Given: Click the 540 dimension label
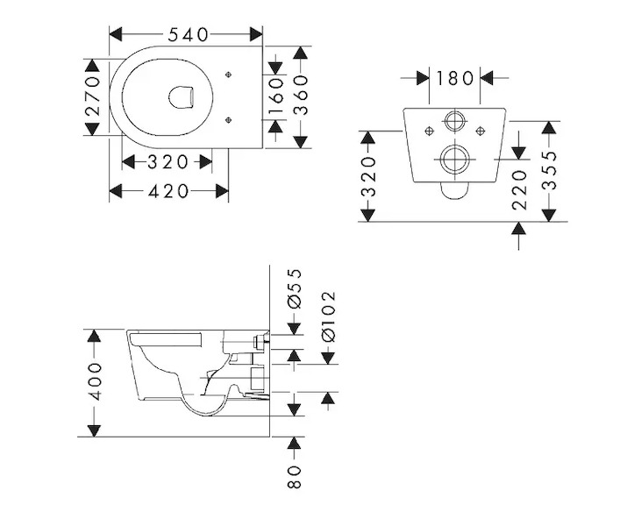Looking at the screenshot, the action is coord(188,35).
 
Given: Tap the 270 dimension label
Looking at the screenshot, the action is coord(92,96).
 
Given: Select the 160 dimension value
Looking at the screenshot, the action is coord(276,96).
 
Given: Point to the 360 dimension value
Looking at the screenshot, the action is coord(301,96).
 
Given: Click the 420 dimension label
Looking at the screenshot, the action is coord(168,191).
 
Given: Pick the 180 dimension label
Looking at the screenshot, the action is coord(454,78).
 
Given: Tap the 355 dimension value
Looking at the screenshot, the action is coord(550,170).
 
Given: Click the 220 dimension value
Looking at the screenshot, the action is coord(519,190).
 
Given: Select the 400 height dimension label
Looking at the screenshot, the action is coord(95,381).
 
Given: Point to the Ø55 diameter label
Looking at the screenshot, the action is coord(294,288).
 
